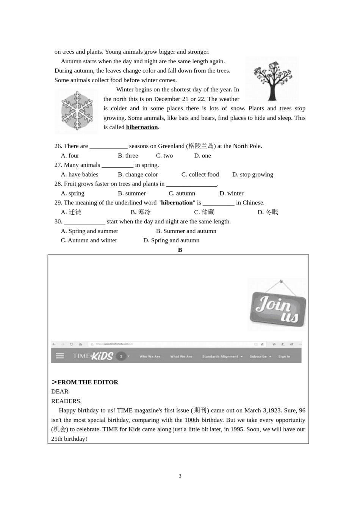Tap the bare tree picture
tap(272, 80)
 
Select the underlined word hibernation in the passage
tap(142, 127)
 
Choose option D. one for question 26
tap(202, 156)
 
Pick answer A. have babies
tap(80, 175)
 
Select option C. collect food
tap(200, 175)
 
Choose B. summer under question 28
tap(132, 194)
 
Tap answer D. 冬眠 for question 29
tap(268, 212)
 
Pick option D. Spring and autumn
tap(171, 240)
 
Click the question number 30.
tap(58, 222)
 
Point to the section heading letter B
tap(180, 250)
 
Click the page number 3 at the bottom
tap(180, 476)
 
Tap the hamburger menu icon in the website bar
tap(60, 356)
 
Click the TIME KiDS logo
tap(93, 356)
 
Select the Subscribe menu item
tap(259, 356)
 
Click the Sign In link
tap(284, 356)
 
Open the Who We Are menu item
tap(150, 356)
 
